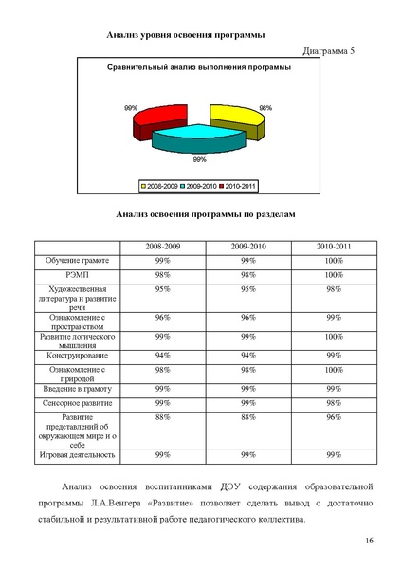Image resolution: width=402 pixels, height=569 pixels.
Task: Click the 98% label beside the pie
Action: [x=266, y=108]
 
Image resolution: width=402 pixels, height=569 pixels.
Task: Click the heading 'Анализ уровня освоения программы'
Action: [x=185, y=34]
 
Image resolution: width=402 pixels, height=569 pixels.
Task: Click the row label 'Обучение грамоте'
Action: [x=77, y=259]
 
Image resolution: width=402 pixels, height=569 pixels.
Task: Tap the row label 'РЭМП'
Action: [x=77, y=273]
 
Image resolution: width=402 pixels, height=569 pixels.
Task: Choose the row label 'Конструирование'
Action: [x=77, y=356]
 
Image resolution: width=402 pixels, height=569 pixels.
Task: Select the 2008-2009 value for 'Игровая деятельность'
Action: [x=163, y=455]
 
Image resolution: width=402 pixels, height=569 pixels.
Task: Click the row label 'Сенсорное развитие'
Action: [x=77, y=402]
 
